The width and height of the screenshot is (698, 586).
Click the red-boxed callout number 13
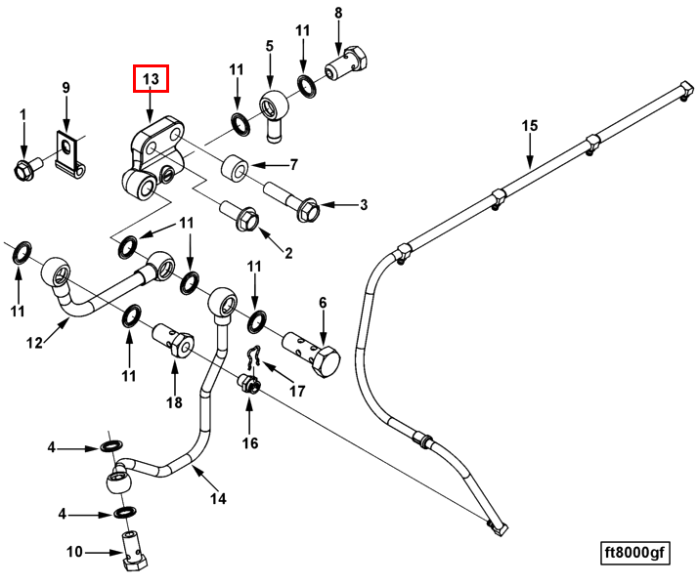151,78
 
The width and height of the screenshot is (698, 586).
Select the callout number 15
530,126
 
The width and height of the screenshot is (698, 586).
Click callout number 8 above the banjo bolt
338,14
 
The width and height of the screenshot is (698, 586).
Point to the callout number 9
66,88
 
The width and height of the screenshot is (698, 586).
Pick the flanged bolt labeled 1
23,168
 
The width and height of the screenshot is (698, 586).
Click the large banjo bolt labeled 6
313,350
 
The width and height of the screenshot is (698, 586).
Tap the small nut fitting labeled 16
249,384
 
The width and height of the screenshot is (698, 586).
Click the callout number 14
218,498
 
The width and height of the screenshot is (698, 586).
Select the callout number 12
34,343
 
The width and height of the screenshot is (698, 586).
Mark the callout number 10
74,553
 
